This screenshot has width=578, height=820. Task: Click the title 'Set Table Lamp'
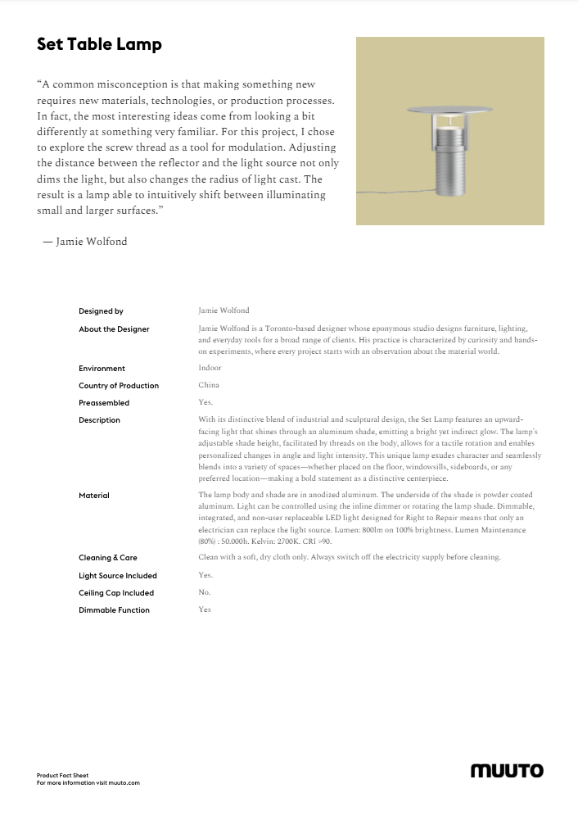(99, 45)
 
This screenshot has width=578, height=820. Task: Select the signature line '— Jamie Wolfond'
(85, 242)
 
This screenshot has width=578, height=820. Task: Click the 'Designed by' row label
(101, 311)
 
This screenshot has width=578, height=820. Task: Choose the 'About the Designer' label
(114, 329)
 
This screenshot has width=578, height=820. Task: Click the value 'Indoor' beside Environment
(210, 369)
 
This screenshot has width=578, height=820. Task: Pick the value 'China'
(209, 386)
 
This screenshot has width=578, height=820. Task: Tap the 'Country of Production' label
(119, 386)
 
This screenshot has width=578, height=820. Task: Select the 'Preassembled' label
(104, 403)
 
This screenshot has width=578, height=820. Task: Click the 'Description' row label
(99, 420)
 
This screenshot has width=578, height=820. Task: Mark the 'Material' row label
(94, 496)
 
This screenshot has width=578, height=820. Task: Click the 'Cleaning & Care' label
(108, 558)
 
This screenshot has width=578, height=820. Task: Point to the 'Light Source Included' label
(118, 576)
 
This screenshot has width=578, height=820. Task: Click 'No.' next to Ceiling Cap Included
(205, 592)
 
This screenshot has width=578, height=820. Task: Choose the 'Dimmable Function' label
(114, 610)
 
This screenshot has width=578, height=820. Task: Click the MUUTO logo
(507, 771)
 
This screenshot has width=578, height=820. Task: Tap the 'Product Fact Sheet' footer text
(62, 775)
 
